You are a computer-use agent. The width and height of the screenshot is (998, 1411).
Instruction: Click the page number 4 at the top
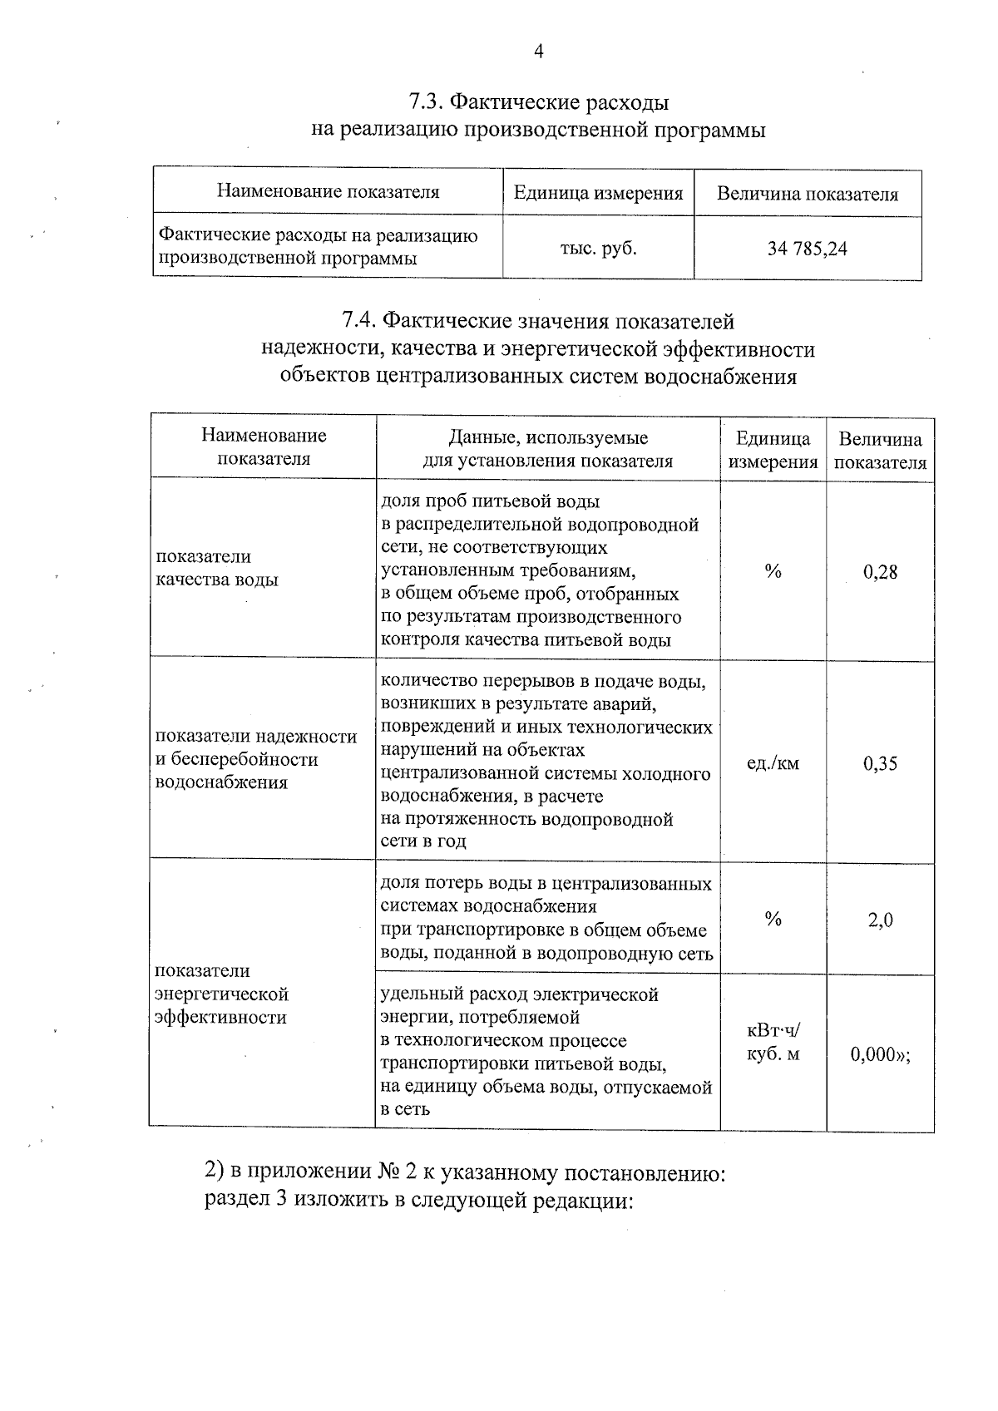[x=538, y=52]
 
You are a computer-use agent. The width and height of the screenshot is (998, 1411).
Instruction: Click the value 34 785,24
[x=807, y=249]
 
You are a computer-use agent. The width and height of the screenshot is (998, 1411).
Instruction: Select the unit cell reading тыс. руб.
[x=598, y=248]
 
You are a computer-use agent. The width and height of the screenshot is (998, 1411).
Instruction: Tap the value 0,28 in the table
[x=880, y=572]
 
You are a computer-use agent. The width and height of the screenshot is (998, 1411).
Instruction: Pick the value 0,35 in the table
[x=880, y=763]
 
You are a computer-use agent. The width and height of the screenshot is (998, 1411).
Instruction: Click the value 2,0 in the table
[x=880, y=920]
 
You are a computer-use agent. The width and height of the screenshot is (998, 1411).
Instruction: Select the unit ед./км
[x=773, y=763]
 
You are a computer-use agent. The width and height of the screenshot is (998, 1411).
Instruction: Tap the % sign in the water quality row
[x=773, y=571]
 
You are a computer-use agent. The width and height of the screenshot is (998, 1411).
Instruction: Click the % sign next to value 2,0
[x=773, y=919]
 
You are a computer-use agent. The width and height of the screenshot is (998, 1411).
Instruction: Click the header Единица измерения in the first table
[x=598, y=194]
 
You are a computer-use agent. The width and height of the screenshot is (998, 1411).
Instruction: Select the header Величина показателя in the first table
[x=807, y=195]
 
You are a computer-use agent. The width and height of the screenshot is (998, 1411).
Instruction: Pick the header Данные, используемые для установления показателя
[x=547, y=449]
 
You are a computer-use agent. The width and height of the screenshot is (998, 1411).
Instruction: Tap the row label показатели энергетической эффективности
[x=221, y=994]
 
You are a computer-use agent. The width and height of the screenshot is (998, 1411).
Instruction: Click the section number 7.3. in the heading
[x=426, y=102]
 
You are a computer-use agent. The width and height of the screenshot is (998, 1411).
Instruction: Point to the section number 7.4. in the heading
[x=360, y=321]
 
